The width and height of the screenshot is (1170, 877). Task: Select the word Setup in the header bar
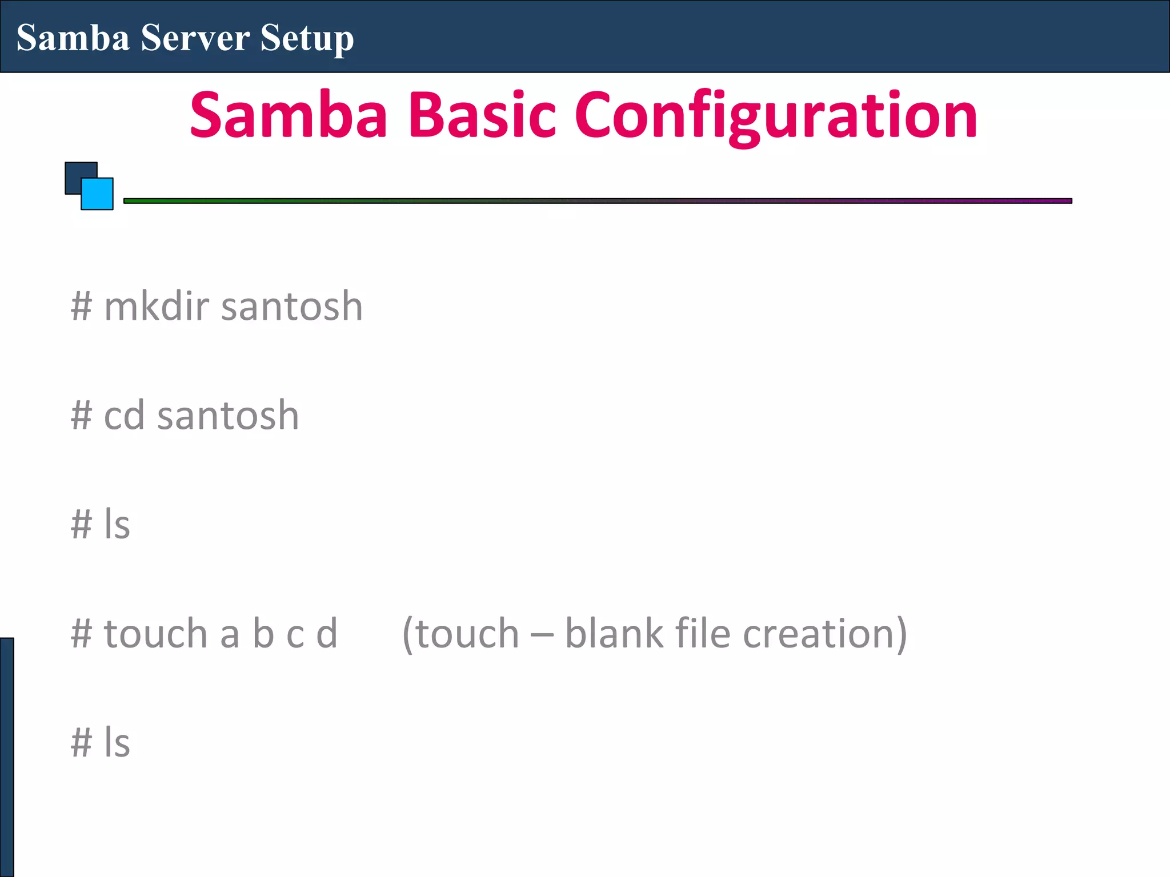pos(307,39)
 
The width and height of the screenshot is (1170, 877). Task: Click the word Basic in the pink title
pos(482,115)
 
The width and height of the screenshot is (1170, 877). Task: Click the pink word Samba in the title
pos(289,115)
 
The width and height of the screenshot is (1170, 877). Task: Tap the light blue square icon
pos(98,195)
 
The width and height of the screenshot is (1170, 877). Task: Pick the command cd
pos(124,416)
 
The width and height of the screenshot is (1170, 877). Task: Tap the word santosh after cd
pos(228,416)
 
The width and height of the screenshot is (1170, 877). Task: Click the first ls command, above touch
pos(117,524)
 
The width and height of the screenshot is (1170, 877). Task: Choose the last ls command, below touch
pos(117,743)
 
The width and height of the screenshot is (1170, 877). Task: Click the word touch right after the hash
pos(155,634)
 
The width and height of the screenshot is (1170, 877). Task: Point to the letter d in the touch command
pos(327,634)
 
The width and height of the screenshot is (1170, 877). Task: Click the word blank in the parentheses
pos(614,634)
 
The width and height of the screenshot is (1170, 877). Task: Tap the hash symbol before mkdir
pos(81,307)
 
